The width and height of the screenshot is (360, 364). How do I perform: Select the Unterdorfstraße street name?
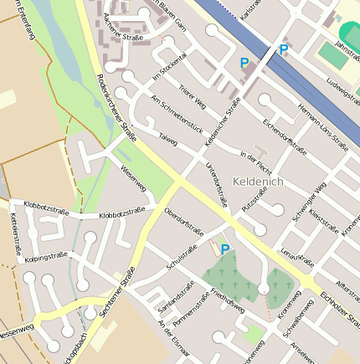click(216, 184)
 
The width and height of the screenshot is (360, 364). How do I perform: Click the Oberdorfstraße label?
click(184, 222)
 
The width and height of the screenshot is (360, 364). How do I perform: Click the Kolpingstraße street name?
click(46, 256)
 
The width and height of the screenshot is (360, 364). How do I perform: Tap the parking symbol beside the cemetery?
click(224, 249)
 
